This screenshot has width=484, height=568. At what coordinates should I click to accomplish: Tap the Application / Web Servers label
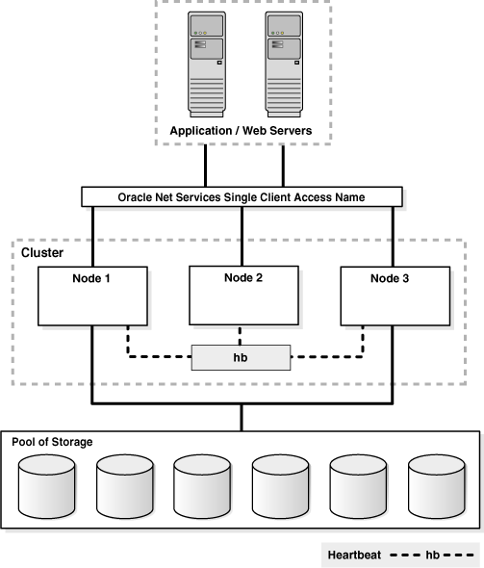242,130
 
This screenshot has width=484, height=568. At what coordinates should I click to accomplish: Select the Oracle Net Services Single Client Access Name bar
242,197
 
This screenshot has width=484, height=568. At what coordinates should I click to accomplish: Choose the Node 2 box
242,295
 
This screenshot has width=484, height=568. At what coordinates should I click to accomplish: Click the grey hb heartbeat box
242,357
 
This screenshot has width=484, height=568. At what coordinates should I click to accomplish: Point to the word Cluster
42,252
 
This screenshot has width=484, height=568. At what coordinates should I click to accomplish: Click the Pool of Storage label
52,441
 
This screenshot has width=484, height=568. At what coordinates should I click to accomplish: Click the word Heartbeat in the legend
357,555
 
